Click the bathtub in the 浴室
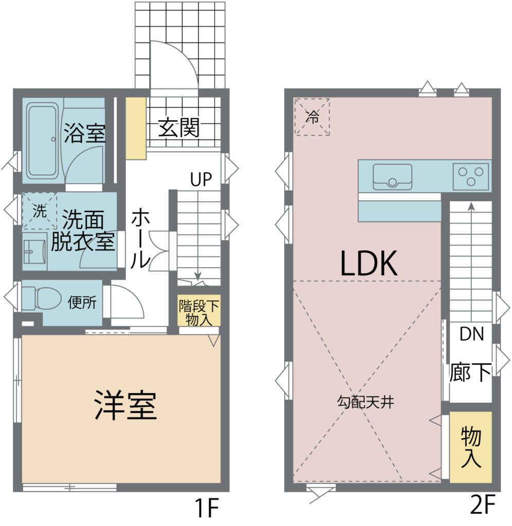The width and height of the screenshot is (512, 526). click(43, 141)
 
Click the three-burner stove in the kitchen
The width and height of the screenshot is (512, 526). click(471, 177)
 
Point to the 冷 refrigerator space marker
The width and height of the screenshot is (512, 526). click(312, 117)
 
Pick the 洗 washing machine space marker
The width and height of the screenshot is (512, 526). click(39, 211)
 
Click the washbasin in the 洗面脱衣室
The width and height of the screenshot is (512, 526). click(34, 252)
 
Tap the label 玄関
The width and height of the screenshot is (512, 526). click(179, 127)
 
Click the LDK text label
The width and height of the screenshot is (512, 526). click(369, 264)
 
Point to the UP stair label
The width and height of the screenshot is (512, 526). click(201, 179)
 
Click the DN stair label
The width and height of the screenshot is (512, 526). click(472, 334)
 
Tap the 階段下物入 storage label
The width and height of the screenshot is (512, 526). click(199, 312)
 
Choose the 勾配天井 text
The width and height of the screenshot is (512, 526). click(365, 402)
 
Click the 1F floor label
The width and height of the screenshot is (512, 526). click(207, 508)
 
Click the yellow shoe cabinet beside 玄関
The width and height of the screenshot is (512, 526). click(136, 128)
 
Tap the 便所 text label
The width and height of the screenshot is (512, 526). click(82, 302)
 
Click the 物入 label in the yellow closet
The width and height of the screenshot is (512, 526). click(471, 447)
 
